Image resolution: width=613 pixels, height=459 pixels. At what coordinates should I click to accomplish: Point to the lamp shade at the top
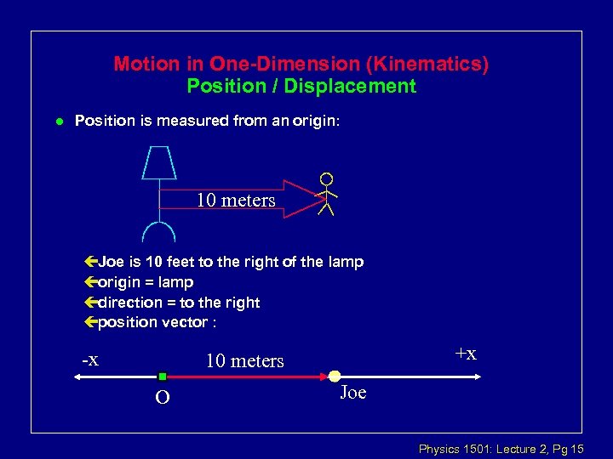click(159, 162)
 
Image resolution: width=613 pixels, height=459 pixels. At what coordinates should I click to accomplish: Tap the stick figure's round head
click(326, 179)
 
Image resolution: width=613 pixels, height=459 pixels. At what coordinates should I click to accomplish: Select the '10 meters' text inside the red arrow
click(236, 201)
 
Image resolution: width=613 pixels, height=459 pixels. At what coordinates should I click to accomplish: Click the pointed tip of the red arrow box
click(311, 200)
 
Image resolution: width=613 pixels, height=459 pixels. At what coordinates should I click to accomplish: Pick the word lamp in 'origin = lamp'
click(176, 282)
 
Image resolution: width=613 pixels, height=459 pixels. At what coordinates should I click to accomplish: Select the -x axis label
click(90, 360)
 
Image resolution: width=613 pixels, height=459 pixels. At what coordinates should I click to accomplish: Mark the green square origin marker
click(162, 376)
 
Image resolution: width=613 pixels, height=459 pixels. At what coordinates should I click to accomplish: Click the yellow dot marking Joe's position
click(335, 376)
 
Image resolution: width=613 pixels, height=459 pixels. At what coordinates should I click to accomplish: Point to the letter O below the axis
click(161, 398)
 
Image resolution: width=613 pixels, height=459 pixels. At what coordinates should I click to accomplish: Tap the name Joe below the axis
click(352, 393)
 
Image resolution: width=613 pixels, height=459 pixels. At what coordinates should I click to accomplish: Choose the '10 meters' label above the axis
click(244, 361)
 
